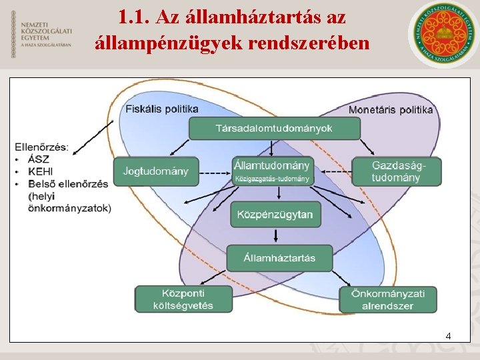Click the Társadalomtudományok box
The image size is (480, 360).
click(274, 128)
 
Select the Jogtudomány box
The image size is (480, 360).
click(156, 171)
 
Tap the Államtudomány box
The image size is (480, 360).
click(272, 171)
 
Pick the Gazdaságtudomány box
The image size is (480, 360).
click(396, 171)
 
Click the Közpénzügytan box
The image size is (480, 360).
click(275, 214)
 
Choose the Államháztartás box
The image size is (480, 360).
click(279, 257)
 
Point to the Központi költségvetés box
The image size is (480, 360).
click(184, 299)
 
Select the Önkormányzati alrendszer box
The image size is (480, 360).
click(387, 299)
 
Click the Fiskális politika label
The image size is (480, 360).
click(162, 109)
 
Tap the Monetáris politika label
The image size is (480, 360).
click(391, 109)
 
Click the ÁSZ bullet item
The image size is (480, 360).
click(39, 159)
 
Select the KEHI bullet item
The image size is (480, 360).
click(41, 171)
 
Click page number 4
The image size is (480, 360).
click(448, 336)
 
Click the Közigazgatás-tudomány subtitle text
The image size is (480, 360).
click(272, 179)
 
